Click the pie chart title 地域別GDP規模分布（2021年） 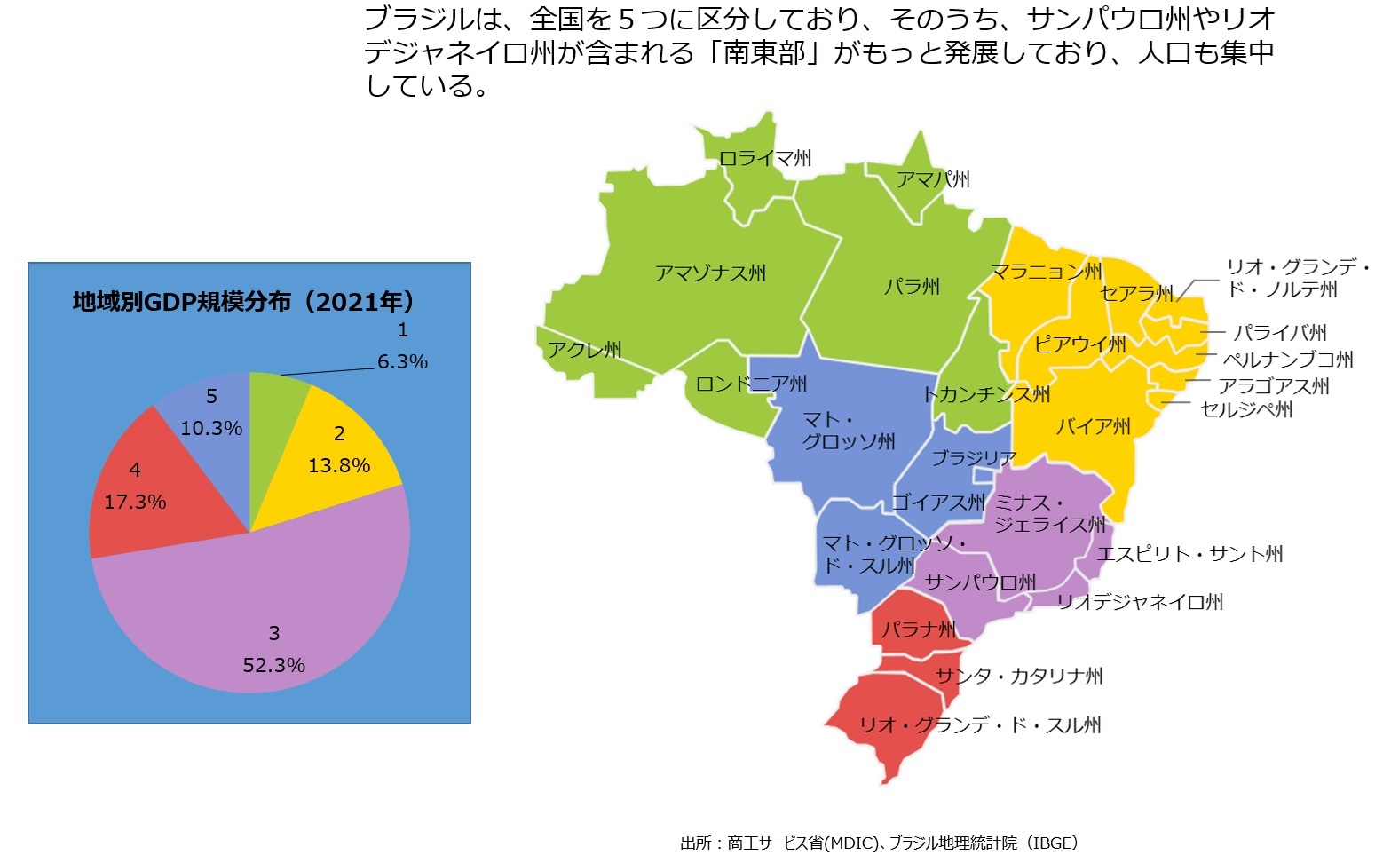pyautogui.click(x=243, y=303)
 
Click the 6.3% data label pyautogui.click(x=402, y=361)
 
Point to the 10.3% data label pyautogui.click(x=211, y=428)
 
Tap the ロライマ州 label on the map pyautogui.click(x=765, y=159)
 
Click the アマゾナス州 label pyautogui.click(x=710, y=273)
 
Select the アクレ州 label pyautogui.click(x=584, y=350)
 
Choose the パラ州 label pyautogui.click(x=912, y=287)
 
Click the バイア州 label pyautogui.click(x=1093, y=427)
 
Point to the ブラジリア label pyautogui.click(x=974, y=458)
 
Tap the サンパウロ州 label pyautogui.click(x=980, y=582)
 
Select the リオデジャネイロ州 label pyautogui.click(x=1140, y=602)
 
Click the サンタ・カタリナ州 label pyautogui.click(x=1019, y=676)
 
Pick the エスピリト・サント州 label pyautogui.click(x=1189, y=554)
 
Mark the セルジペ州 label pyautogui.click(x=1246, y=409)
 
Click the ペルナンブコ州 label pyautogui.click(x=1288, y=360)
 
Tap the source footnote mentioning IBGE pyautogui.click(x=879, y=843)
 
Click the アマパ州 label pyautogui.click(x=933, y=180)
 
